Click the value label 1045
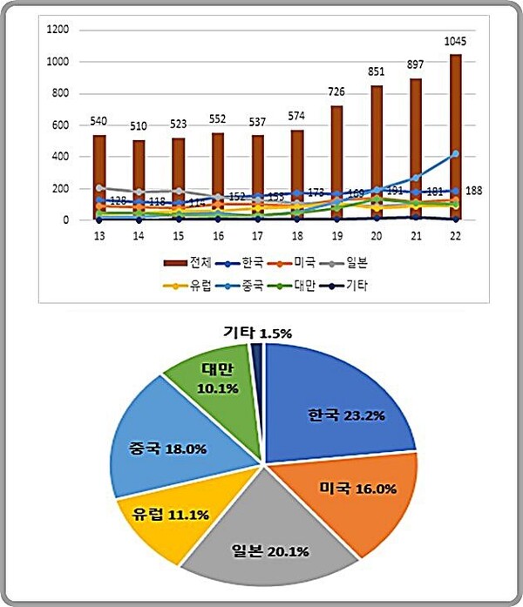pos(455,42)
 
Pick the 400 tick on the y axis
pos(60,157)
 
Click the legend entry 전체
pos(187,261)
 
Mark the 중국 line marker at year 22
pos(455,154)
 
